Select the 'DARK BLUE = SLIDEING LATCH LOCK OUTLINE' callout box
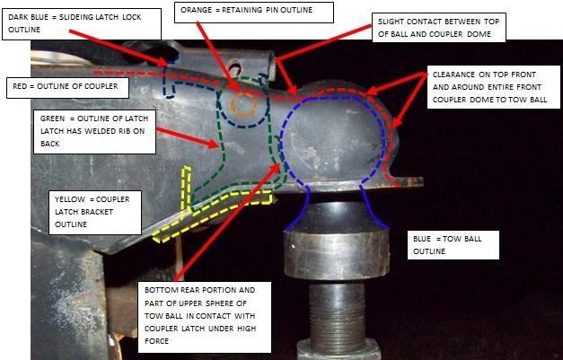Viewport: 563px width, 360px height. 82,23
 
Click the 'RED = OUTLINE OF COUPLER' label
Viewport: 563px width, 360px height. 67,86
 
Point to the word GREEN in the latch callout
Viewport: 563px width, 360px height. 52,119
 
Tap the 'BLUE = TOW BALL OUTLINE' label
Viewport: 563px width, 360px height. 453,245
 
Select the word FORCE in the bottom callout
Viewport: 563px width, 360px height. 156,341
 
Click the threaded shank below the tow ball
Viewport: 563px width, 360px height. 337,312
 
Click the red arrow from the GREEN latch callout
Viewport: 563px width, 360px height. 189,137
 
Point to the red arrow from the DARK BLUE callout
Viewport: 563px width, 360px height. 119,48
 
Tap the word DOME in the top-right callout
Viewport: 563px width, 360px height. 479,34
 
